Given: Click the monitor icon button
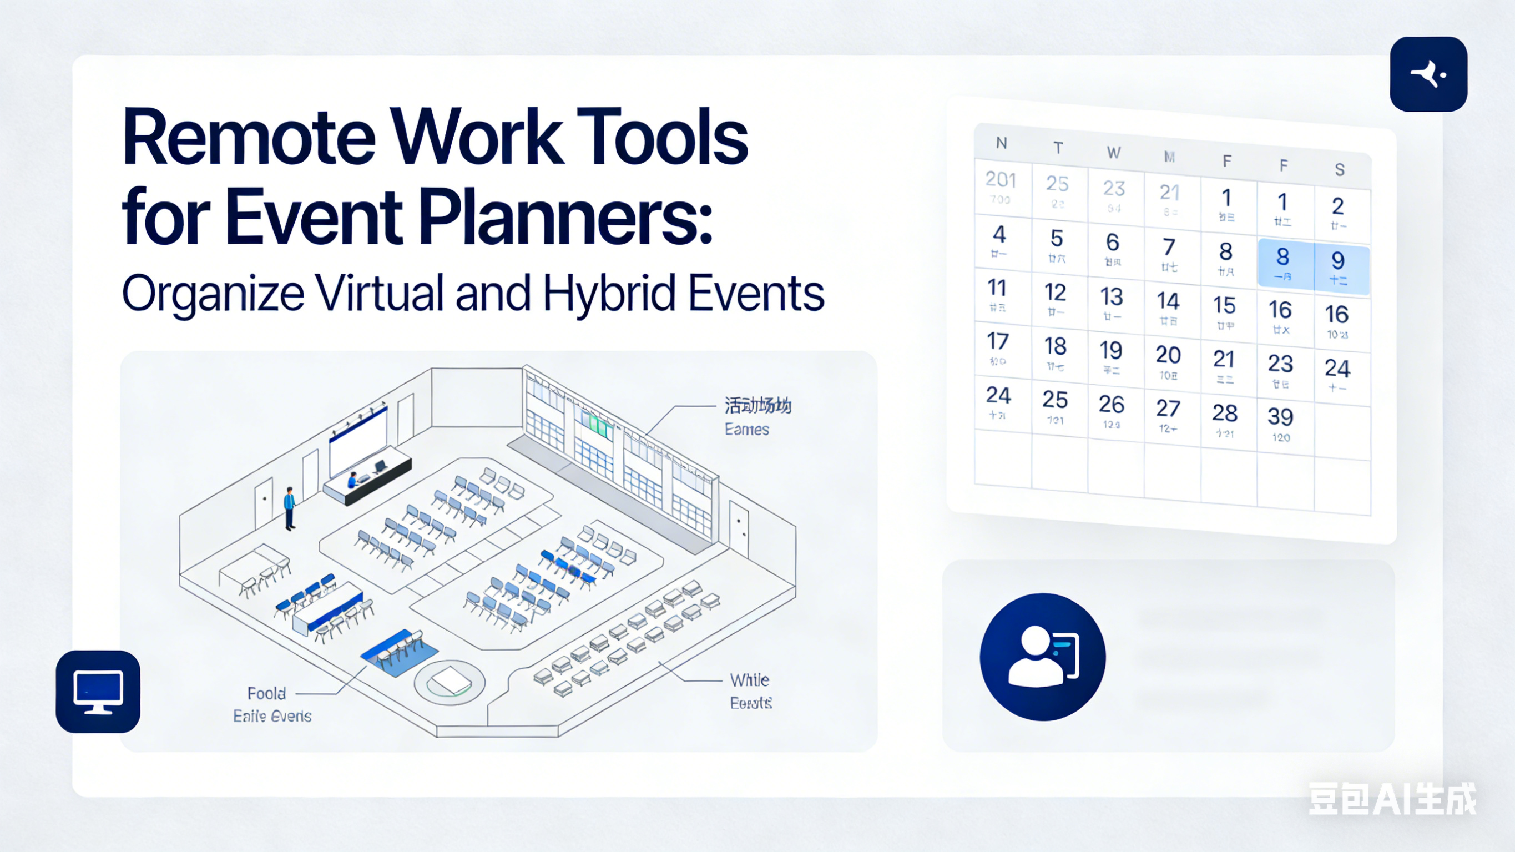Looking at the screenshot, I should pos(98,692).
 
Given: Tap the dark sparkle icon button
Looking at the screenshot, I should pos(1428,74).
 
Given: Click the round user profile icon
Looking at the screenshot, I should pos(1043,657).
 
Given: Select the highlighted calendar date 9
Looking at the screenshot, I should pos(1338,266).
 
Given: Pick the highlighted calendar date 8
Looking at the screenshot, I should pos(1282,263).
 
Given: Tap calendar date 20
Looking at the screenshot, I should pos(1168,360).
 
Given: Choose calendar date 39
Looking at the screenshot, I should pos(1280,421).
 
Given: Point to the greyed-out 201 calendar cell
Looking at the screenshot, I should pos(1001,185).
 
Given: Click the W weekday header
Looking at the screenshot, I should pos(1113,153).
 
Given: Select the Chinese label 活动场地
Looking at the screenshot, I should pos(757,405).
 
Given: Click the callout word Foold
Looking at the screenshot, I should pos(266,693).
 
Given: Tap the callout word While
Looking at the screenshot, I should pos(749,680).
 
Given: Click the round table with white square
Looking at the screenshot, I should pos(450,682).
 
